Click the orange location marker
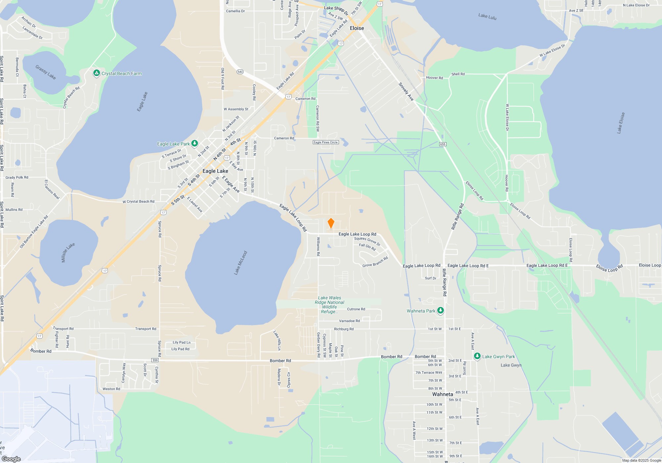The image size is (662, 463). (331, 223)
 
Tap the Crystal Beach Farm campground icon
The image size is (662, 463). (96, 73)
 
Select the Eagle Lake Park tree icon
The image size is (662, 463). (195, 143)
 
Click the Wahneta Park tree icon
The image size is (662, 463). (440, 311)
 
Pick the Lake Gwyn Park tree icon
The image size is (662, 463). (477, 356)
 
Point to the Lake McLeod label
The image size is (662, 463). (241, 263)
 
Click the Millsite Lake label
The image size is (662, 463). (68, 252)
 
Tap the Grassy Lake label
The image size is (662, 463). (46, 72)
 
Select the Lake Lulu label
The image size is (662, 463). (487, 16)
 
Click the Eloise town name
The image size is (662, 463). (357, 28)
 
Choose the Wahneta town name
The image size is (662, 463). (443, 394)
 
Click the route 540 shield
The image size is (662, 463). (240, 72)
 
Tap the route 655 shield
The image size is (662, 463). (443, 144)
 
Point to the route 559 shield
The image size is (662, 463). (155, 360)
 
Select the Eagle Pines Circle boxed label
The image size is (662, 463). (326, 142)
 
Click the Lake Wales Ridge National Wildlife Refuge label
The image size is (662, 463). (329, 305)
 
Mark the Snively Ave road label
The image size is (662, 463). (406, 92)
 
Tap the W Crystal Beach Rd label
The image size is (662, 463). (138, 201)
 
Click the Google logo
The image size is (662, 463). (11, 459)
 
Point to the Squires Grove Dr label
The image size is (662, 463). (367, 241)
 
